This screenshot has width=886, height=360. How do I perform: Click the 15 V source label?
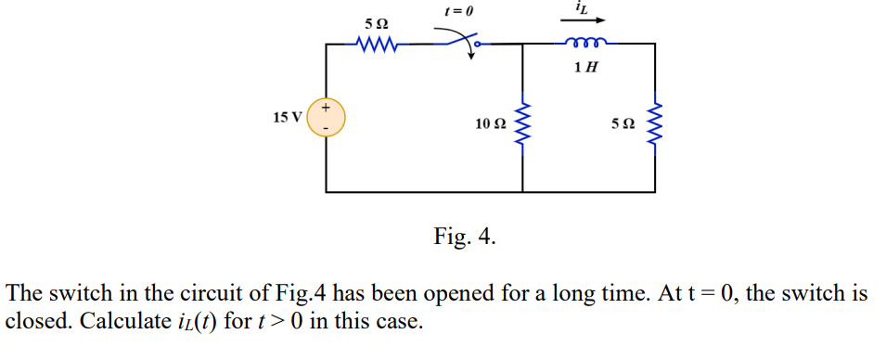288,118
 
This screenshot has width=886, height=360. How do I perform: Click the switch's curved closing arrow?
469,46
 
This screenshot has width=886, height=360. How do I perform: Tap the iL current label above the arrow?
582,7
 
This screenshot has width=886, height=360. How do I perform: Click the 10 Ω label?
490,123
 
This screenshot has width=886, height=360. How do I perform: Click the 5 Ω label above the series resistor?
377,20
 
